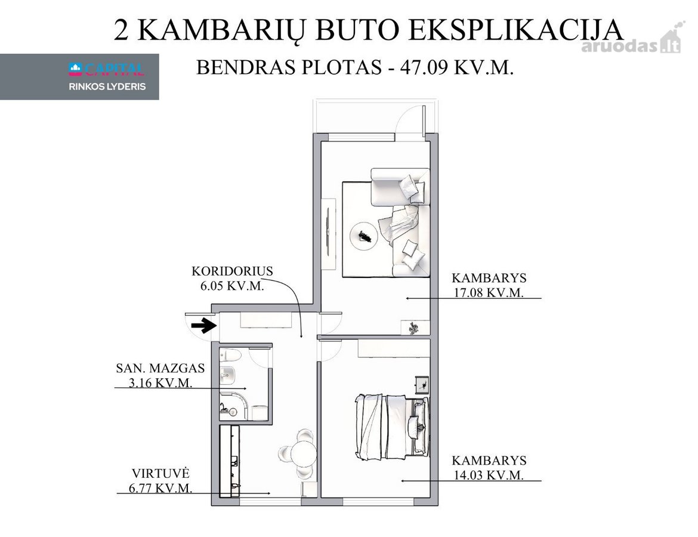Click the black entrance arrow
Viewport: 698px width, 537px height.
tap(204, 326)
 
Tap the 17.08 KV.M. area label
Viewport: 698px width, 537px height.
tap(489, 292)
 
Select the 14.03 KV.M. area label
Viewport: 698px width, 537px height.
tap(489, 475)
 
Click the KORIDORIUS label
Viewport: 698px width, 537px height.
tap(232, 271)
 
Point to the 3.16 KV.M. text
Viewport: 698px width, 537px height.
tap(160, 382)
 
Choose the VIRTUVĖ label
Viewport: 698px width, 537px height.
tap(160, 473)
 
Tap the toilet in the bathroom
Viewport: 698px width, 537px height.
tap(231, 356)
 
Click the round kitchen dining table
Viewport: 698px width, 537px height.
tap(304, 453)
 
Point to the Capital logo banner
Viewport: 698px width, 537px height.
tap(79, 76)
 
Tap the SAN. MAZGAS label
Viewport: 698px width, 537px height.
tap(160, 368)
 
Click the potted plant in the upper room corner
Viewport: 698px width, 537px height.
tap(413, 328)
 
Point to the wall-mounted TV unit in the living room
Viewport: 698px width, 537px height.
tap(329, 233)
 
